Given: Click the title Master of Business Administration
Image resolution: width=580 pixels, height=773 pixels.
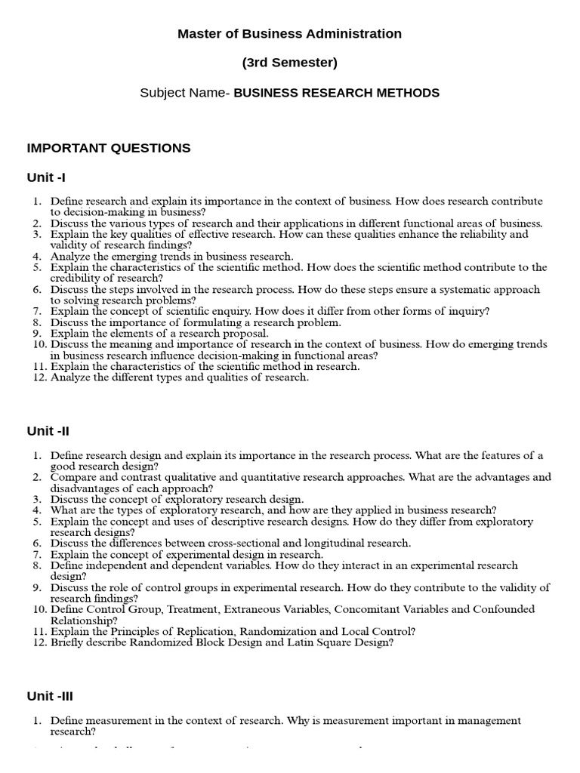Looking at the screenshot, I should tap(289, 34).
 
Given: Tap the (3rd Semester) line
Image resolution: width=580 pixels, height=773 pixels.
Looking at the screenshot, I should tap(289, 63).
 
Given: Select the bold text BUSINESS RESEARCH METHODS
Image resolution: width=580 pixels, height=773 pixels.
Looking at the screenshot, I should tap(337, 93).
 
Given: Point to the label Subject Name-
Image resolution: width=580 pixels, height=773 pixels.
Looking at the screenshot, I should tap(185, 93).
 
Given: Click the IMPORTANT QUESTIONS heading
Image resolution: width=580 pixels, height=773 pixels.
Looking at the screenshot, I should tap(109, 148).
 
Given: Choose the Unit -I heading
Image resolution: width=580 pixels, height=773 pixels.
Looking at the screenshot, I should tap(46, 177).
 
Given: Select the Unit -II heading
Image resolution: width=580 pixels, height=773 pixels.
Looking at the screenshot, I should tap(48, 431).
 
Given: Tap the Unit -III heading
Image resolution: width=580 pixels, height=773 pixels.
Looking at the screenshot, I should tap(50, 696).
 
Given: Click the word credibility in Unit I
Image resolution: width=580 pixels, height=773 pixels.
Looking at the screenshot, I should tap(76, 278).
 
